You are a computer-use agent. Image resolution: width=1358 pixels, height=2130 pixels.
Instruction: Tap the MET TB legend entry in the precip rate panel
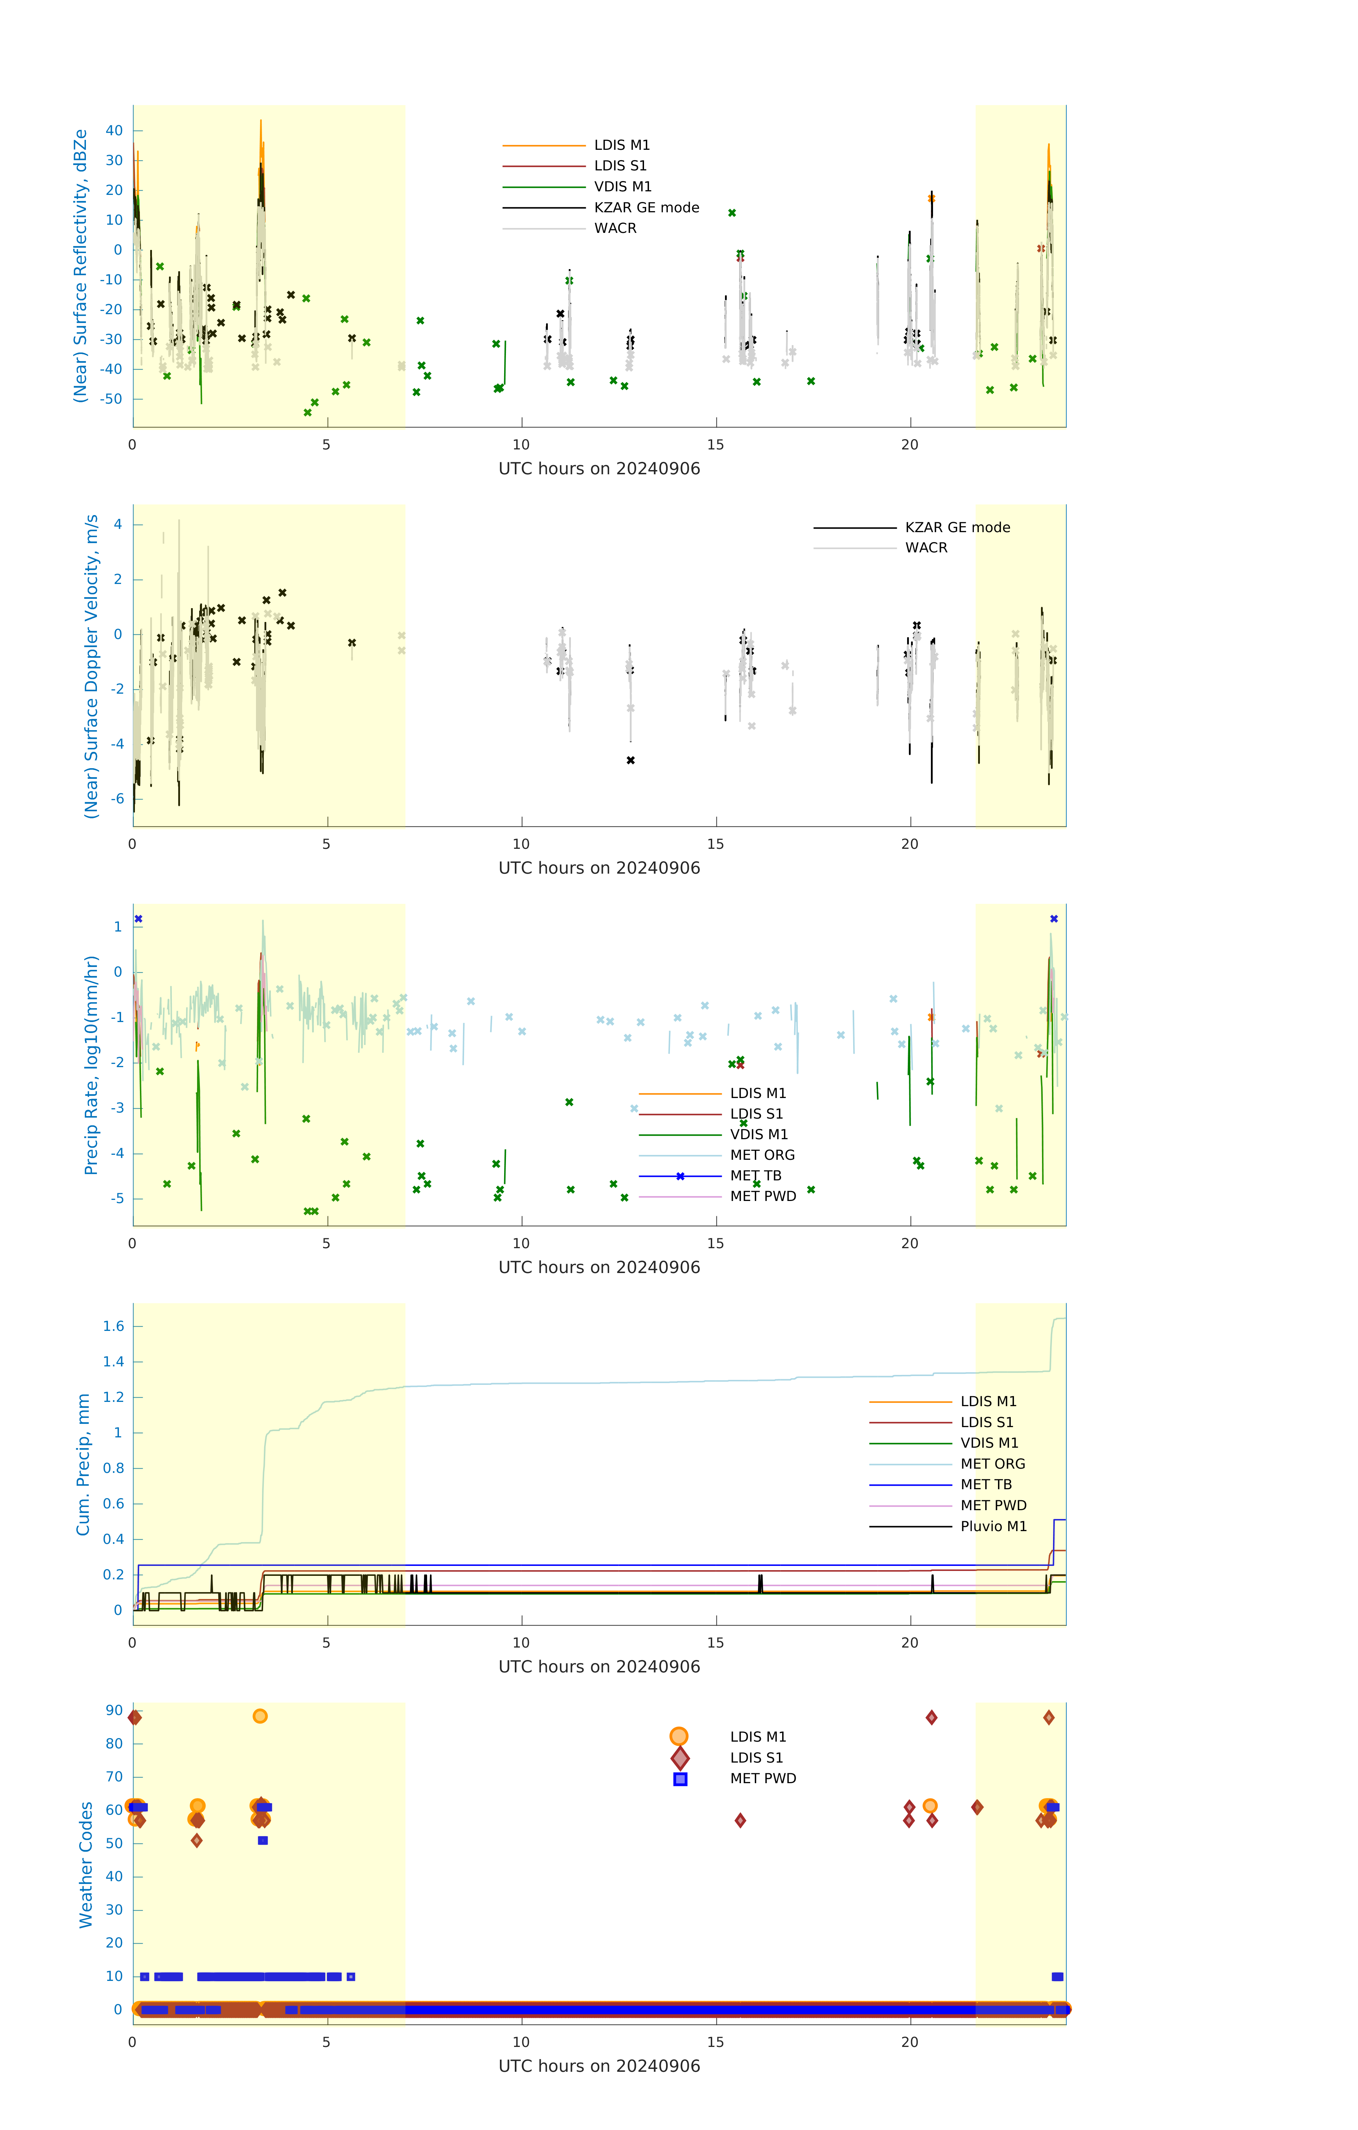(x=756, y=1175)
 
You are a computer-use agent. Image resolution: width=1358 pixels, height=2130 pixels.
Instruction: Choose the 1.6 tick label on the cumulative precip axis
(x=113, y=1326)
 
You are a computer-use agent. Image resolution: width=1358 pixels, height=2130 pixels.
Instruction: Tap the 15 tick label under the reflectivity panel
(x=715, y=445)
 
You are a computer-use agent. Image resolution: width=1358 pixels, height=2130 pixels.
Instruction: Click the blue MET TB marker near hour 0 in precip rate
(x=138, y=919)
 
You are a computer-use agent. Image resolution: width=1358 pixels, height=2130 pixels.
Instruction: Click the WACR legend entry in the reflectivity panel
(x=615, y=228)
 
